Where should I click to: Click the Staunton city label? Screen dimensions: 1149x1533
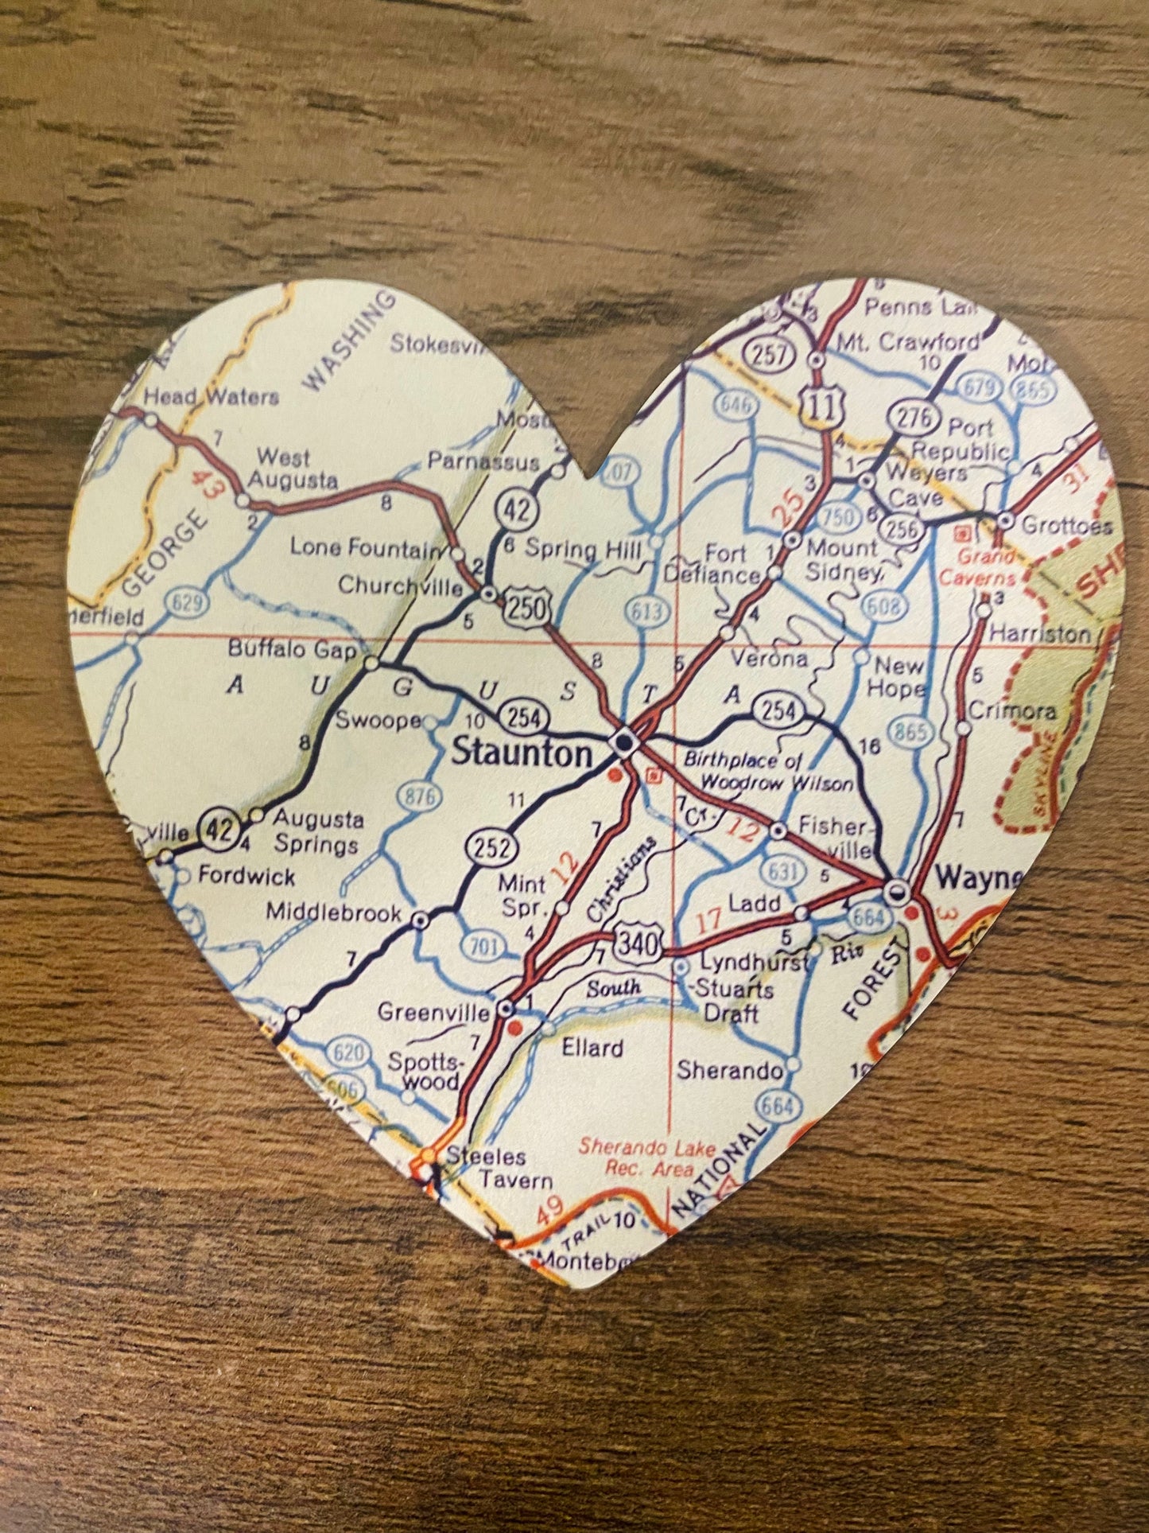pos(522,752)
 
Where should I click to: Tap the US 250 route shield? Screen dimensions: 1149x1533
pos(526,609)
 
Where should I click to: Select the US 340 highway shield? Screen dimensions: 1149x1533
pos(638,944)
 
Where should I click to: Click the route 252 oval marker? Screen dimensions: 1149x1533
pos(492,847)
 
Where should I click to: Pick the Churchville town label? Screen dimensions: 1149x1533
pos(400,586)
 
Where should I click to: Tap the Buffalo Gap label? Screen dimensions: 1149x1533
pos(292,649)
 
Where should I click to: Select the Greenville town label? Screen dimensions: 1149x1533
pos(433,1012)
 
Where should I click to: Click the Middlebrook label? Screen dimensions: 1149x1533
pos(333,912)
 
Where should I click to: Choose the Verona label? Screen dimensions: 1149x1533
pos(769,658)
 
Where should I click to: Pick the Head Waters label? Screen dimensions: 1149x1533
pos(211,396)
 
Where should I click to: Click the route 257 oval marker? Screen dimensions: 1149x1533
pos(769,354)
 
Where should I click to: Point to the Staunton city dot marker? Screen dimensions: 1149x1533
pos(624,742)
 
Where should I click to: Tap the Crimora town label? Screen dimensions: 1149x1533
pos(1011,710)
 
